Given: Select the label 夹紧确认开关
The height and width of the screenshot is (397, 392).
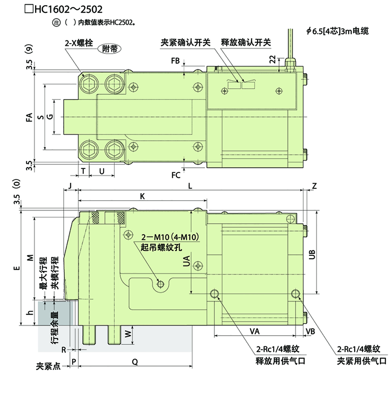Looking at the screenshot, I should [x=186, y=42].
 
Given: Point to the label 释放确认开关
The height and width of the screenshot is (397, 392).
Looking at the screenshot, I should [x=246, y=42].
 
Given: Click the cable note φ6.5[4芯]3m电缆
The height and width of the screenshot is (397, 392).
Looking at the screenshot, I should [x=337, y=31].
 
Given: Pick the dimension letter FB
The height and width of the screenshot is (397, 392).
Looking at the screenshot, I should [x=175, y=61].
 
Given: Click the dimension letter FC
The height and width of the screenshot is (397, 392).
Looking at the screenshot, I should [x=176, y=175].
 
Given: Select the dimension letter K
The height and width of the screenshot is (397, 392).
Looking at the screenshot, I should [x=142, y=196].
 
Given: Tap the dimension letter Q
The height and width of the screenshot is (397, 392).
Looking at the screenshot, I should [x=135, y=362].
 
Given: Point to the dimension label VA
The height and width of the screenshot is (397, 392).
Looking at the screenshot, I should [x=254, y=331].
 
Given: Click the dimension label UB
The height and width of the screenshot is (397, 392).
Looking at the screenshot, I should [x=312, y=254].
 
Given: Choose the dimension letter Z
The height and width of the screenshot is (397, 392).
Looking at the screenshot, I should [x=314, y=186].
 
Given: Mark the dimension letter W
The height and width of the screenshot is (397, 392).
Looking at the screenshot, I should [x=128, y=334].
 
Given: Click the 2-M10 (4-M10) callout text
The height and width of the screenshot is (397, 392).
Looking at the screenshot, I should [x=170, y=237].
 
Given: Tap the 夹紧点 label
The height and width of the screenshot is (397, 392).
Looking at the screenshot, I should [x=48, y=366].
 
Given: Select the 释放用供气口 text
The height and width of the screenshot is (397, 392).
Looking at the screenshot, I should [x=280, y=361].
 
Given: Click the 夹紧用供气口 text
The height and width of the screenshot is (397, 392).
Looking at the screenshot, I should [x=362, y=361].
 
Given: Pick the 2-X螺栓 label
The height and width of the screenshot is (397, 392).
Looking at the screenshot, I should [x=79, y=43].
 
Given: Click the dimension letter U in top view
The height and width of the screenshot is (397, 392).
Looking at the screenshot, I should [x=102, y=171].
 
